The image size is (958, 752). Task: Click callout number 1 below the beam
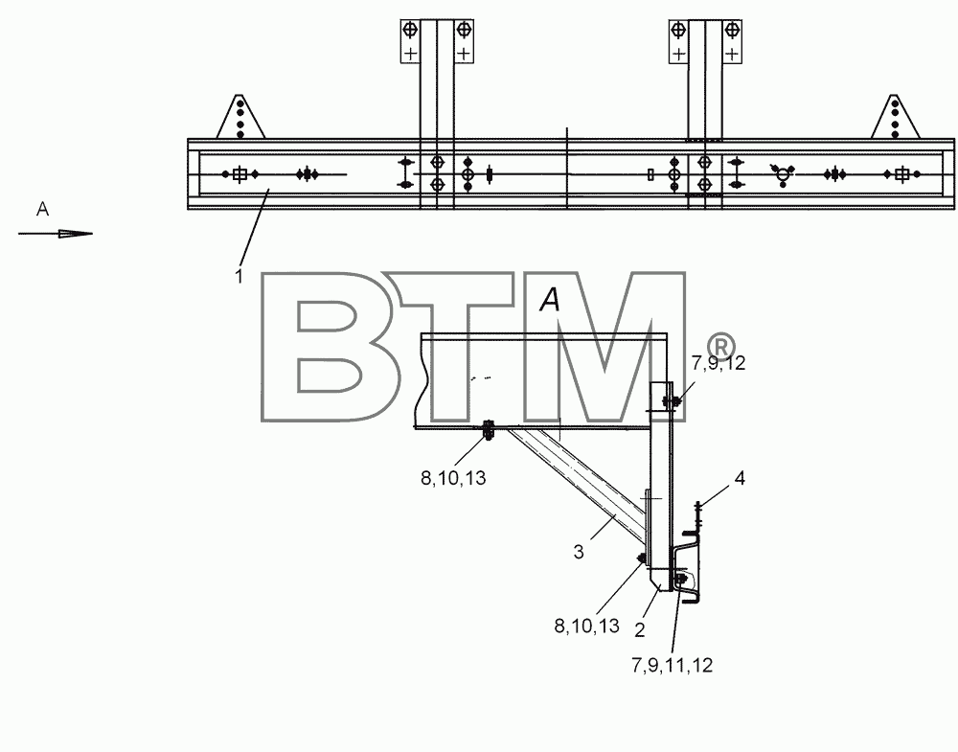pyautogui.click(x=239, y=276)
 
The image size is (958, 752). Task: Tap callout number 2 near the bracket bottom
pyautogui.click(x=640, y=629)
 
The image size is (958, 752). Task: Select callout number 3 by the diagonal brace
pyautogui.click(x=579, y=552)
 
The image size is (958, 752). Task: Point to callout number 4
pyautogui.click(x=740, y=478)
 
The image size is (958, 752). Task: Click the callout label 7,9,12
pyautogui.click(x=718, y=363)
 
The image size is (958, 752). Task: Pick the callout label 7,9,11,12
pyautogui.click(x=673, y=665)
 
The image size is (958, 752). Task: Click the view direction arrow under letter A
pyautogui.click(x=56, y=234)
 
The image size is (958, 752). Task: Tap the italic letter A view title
pyautogui.click(x=550, y=299)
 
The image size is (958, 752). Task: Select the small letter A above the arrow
pyautogui.click(x=42, y=210)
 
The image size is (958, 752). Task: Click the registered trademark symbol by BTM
pyautogui.click(x=721, y=347)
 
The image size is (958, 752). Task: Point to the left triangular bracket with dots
pyautogui.click(x=240, y=117)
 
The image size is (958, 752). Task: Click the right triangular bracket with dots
pyautogui.click(x=895, y=117)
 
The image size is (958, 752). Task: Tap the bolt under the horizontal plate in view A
pyautogui.click(x=489, y=430)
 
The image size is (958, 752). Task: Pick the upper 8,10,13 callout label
pyautogui.click(x=453, y=478)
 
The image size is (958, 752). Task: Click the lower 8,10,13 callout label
pyautogui.click(x=587, y=627)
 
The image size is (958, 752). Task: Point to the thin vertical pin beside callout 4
pyautogui.click(x=698, y=516)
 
